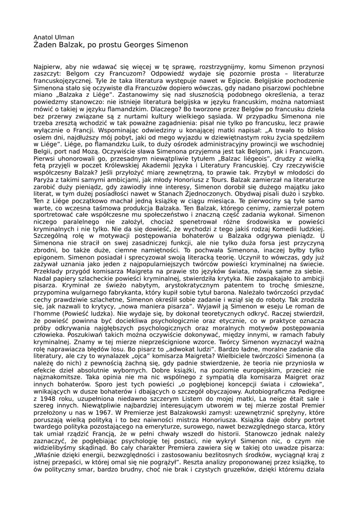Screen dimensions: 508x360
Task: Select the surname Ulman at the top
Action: pyautogui.click(x=65, y=37)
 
